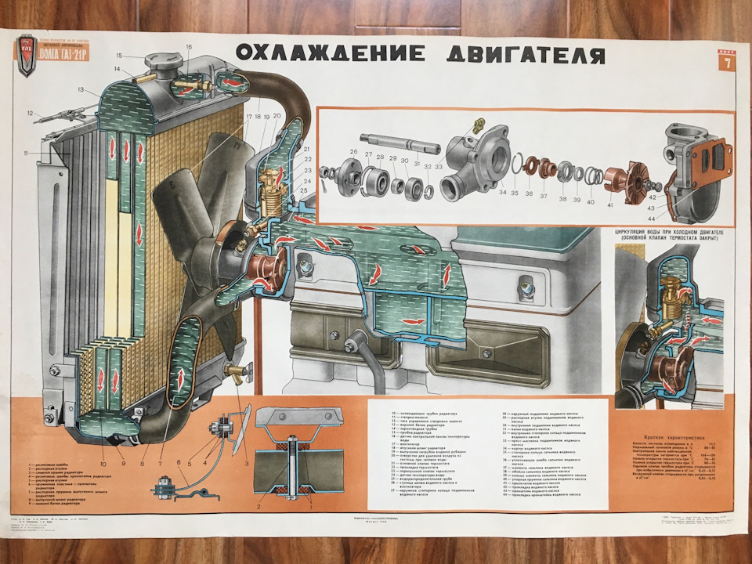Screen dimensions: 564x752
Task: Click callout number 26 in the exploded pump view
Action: (x=353, y=151)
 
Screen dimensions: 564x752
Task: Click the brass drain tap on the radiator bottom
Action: (x=235, y=368)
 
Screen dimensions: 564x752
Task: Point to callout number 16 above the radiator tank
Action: (x=189, y=47)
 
